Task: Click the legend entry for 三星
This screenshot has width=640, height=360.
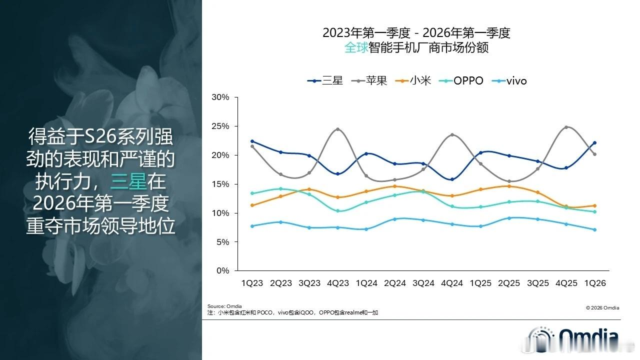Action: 325,80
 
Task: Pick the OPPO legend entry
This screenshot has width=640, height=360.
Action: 461,80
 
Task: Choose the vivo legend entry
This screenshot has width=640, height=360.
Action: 509,80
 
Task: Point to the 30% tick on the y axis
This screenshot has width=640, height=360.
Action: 220,97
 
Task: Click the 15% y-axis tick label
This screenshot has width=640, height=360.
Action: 220,184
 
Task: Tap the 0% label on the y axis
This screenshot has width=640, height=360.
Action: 223,271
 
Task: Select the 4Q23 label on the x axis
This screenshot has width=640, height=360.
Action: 338,283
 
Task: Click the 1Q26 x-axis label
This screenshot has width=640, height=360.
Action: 595,283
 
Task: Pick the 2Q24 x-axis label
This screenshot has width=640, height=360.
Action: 395,283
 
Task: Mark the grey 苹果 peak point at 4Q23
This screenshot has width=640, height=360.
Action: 338,129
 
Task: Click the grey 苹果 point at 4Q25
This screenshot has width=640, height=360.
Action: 566,127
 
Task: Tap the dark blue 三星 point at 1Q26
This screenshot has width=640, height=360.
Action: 595,142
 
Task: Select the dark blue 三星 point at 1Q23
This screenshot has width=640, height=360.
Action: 252,141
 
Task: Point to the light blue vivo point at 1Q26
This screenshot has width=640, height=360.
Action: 595,229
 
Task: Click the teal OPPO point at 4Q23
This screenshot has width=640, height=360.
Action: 338,211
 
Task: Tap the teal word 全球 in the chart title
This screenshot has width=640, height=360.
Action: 356,48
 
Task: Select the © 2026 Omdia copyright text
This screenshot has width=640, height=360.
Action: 602,307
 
